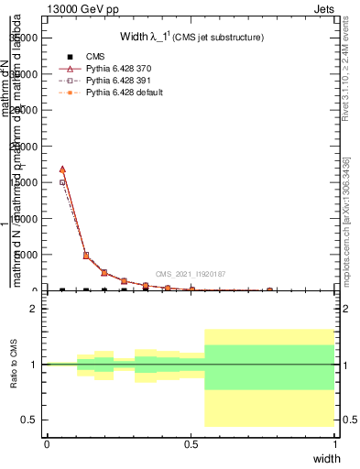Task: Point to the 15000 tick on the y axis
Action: [x=26, y=182]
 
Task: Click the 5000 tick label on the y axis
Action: [x=28, y=255]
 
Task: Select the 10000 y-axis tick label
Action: [x=26, y=219]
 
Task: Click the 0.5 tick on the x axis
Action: [x=191, y=444]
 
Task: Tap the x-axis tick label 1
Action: [x=335, y=444]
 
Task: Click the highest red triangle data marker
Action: [x=62, y=169]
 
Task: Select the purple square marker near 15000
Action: [x=62, y=182]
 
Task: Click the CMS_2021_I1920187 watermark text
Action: [x=191, y=274]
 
